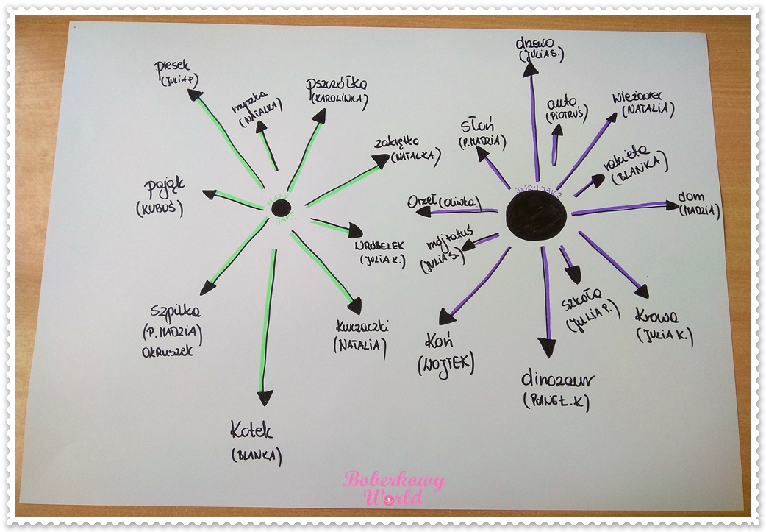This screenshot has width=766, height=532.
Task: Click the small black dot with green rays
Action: point(279,208)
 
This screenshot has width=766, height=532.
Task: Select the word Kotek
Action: point(251,430)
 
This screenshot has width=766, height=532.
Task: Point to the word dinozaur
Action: point(557,380)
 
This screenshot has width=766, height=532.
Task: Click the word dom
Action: point(691,197)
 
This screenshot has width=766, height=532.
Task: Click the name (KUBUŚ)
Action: point(159,208)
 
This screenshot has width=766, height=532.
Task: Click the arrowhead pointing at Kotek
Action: point(265,398)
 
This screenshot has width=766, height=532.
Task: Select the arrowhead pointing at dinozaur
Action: point(546,347)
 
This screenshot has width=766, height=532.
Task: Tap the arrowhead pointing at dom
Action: point(672,205)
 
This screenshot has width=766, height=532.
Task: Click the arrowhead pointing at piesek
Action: point(195,95)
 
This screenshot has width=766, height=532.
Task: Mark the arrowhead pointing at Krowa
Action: point(641,291)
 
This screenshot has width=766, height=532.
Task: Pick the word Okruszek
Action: point(167,351)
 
